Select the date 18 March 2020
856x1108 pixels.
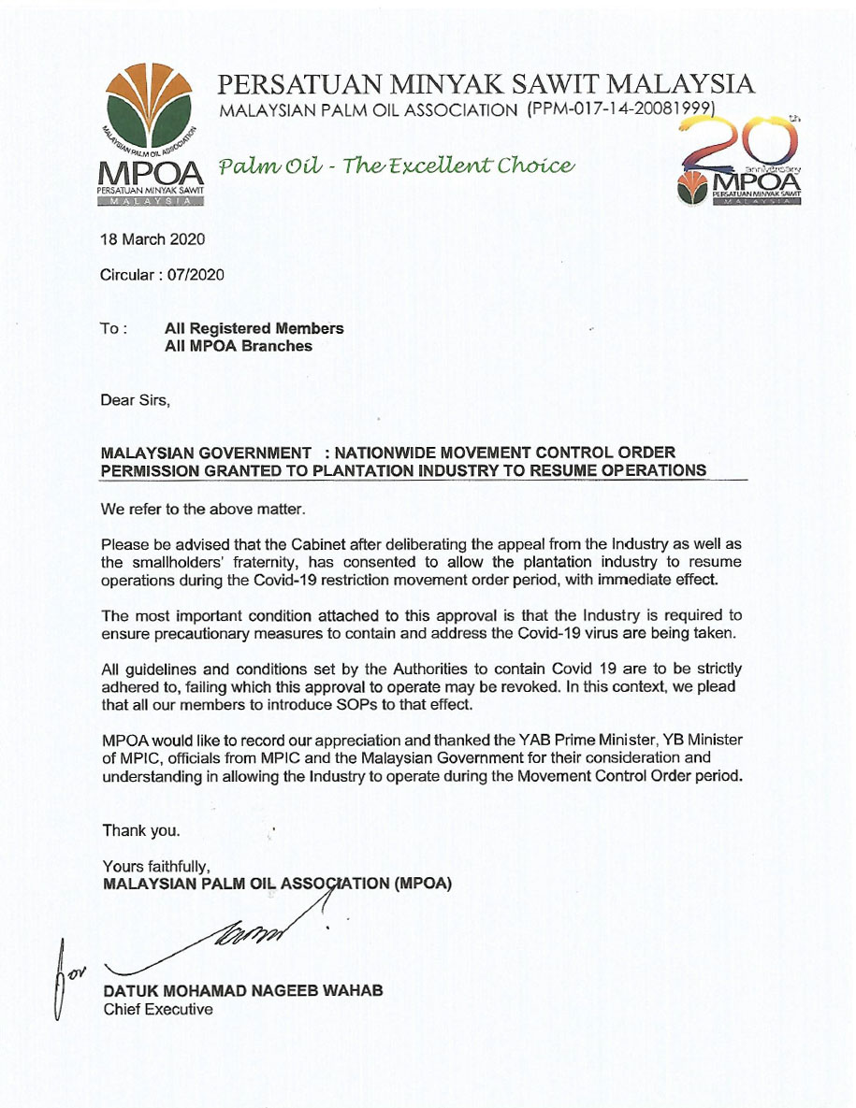pyautogui.click(x=152, y=239)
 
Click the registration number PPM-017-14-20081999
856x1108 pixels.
pyautogui.click(x=621, y=110)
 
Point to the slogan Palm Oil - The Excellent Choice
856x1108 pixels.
pyautogui.click(x=395, y=166)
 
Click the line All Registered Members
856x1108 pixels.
pyautogui.click(x=254, y=328)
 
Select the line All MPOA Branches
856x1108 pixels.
pyautogui.click(x=238, y=345)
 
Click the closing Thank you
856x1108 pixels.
pyautogui.click(x=141, y=830)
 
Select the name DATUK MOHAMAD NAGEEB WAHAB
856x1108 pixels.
pyautogui.click(x=242, y=991)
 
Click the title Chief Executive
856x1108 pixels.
pyautogui.click(x=157, y=1009)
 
